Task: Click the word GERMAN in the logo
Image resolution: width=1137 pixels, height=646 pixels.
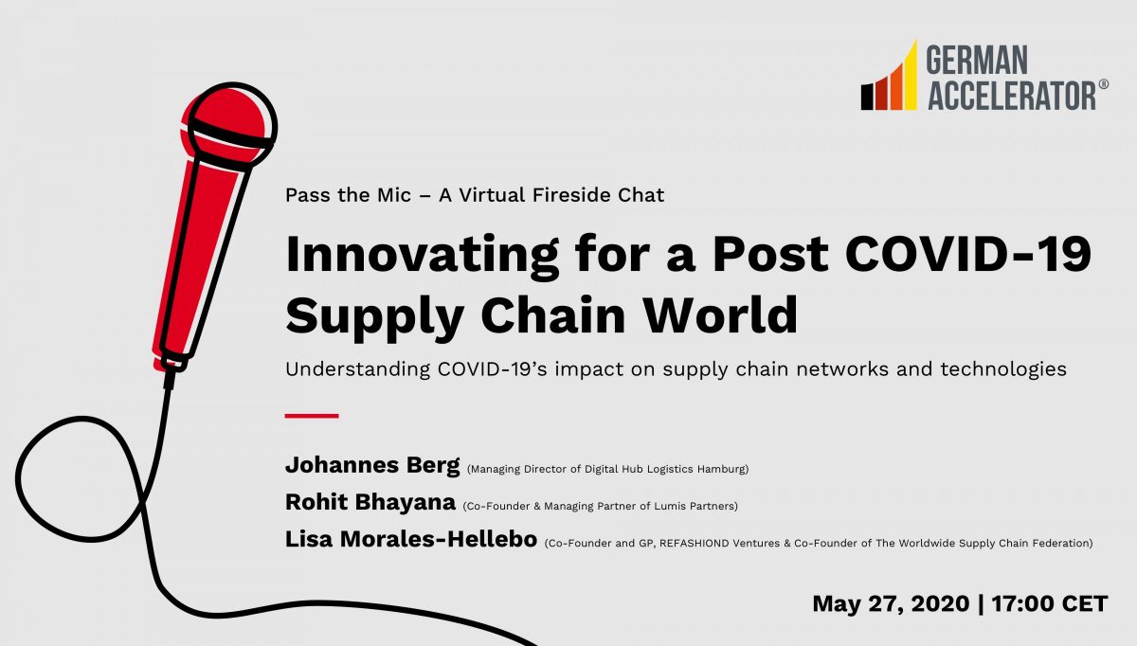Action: [x=976, y=62]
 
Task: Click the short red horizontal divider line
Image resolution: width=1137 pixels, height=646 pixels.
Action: [x=312, y=415]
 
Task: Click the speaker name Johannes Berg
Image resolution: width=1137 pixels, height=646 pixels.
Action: [x=371, y=466]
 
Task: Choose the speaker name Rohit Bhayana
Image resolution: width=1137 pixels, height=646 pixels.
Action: [x=370, y=503]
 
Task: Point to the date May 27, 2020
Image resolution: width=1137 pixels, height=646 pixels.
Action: [x=890, y=603]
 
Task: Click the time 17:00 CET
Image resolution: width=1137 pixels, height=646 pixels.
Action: [x=1047, y=603]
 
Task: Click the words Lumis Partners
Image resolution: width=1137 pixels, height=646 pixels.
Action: [x=702, y=506]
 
